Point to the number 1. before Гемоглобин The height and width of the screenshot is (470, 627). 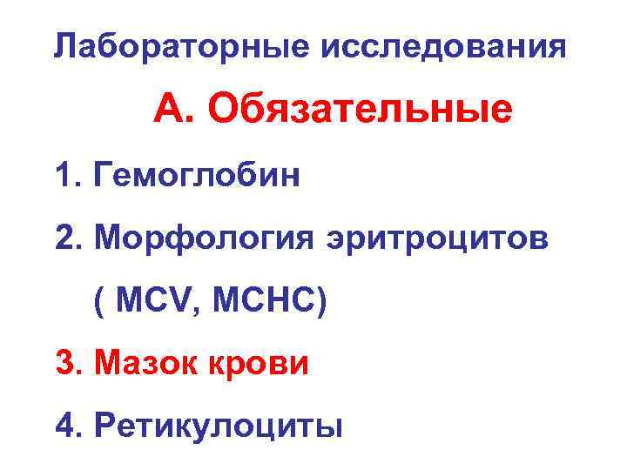tap(68, 177)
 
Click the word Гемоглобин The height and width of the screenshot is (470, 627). tap(201, 177)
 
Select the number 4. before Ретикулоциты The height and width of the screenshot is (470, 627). tap(69, 426)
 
